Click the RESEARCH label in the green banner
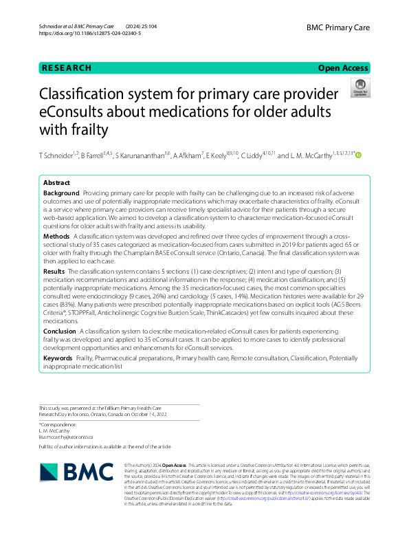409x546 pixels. click(67, 68)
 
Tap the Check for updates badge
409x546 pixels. click(360, 87)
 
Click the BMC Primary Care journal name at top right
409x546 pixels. click(338, 27)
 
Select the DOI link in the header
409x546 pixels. click(95, 33)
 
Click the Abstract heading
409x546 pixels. click(57, 184)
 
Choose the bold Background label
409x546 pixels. click(61, 195)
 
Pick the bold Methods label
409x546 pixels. click(56, 236)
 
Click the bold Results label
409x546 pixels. click(54, 272)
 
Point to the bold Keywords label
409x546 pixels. click(58, 358)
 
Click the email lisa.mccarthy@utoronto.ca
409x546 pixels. click(65, 437)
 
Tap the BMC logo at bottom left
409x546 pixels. click(76, 472)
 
